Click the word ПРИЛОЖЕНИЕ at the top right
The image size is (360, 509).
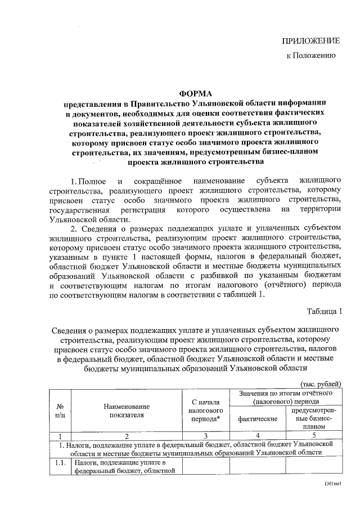pyautogui.click(x=310, y=41)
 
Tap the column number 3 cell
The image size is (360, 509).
pyautogui.click(x=206, y=435)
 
